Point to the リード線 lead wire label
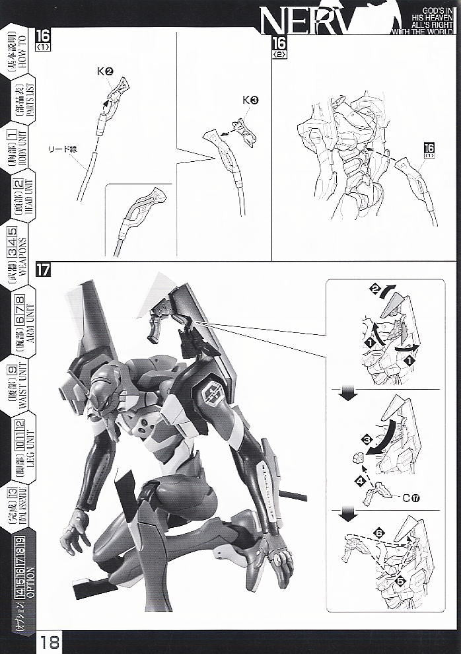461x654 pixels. click(64, 149)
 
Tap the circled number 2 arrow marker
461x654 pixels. click(374, 289)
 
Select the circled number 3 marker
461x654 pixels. click(366, 439)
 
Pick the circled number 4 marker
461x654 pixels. click(360, 481)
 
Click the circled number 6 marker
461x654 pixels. click(378, 532)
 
